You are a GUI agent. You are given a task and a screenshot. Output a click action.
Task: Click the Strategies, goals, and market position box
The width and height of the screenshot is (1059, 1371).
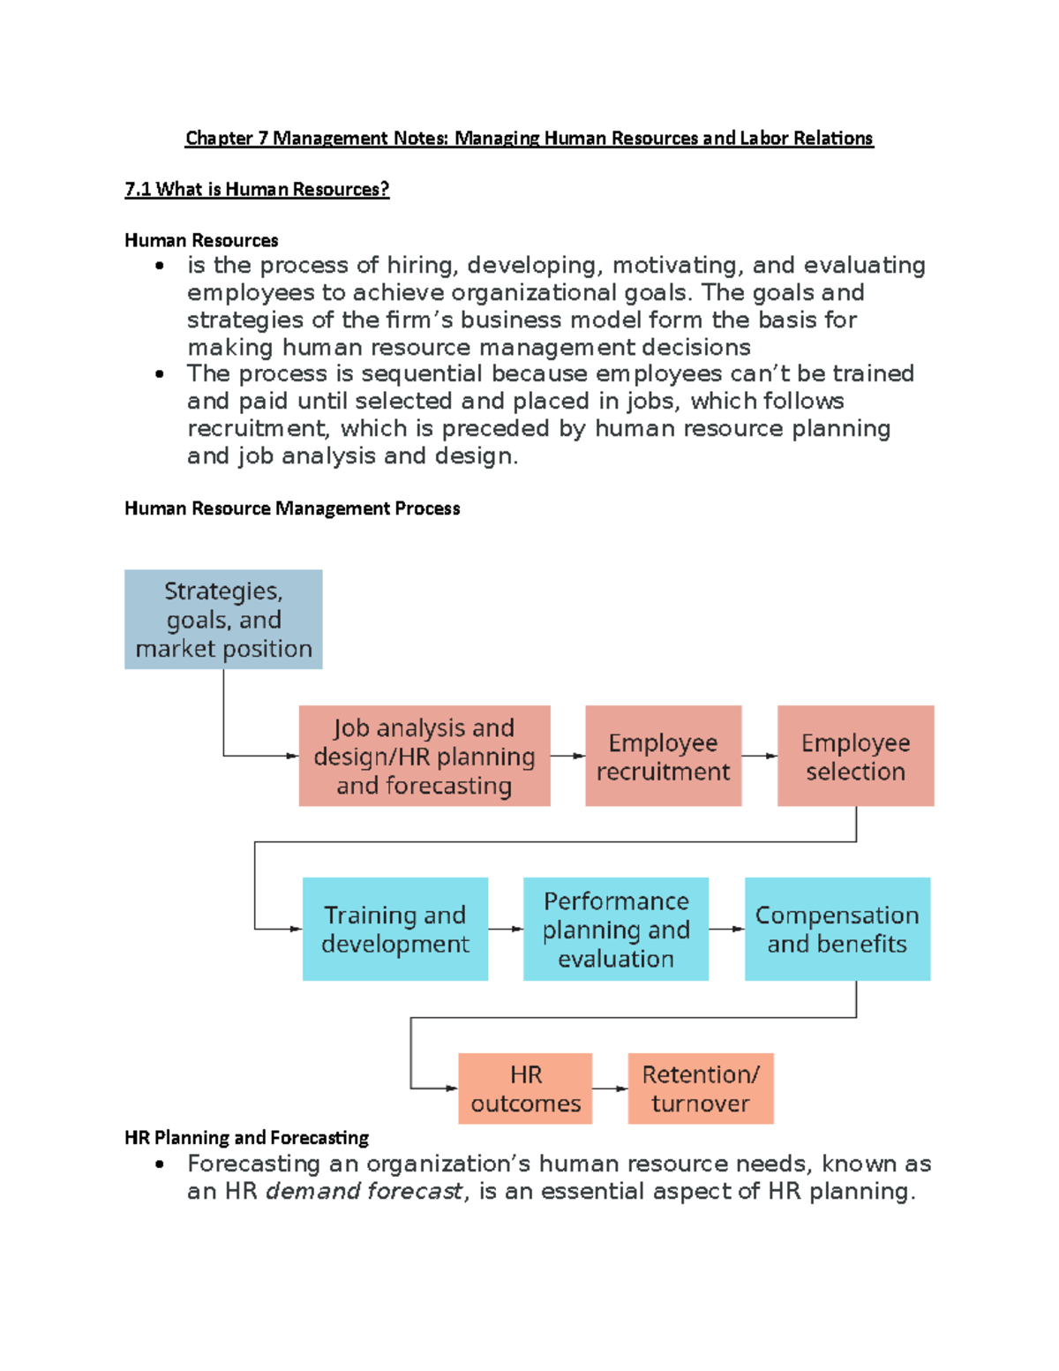click(223, 619)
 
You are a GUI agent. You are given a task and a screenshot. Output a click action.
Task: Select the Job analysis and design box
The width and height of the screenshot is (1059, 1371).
click(424, 756)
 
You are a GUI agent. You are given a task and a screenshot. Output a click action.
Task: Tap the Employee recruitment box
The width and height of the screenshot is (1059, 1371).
click(663, 756)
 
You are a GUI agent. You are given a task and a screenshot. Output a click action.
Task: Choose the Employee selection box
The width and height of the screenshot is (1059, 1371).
click(855, 756)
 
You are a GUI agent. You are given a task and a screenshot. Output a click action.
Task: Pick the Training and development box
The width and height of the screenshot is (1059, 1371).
click(394, 929)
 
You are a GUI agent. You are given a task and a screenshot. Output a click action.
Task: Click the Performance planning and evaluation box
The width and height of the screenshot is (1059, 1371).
click(616, 929)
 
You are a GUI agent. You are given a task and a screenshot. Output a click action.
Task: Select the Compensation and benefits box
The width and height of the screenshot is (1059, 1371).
click(837, 929)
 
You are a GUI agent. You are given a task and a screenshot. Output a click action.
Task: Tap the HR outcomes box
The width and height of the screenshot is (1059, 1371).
click(525, 1089)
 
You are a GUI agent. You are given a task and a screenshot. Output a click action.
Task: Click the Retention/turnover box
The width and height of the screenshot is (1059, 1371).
click(701, 1089)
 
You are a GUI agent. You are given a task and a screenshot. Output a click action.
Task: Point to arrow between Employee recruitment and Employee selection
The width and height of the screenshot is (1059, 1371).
click(759, 756)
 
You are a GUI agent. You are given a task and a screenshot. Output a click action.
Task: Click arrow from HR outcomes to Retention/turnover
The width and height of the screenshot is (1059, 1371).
click(610, 1089)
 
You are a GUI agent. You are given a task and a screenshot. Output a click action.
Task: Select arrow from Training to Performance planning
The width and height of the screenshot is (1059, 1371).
click(506, 929)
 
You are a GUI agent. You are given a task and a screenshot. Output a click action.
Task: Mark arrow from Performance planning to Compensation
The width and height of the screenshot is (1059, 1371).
click(726, 929)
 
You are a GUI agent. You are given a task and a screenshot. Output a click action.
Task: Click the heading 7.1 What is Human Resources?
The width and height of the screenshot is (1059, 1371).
click(257, 189)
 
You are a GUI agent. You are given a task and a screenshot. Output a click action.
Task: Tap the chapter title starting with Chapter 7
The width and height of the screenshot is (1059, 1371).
click(529, 138)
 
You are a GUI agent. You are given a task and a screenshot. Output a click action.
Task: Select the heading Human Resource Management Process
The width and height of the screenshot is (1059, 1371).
click(292, 508)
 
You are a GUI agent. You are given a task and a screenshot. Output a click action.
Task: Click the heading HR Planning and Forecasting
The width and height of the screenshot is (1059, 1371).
click(246, 1137)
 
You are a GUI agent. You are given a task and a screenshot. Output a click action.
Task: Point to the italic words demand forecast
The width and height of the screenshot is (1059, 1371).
click(364, 1191)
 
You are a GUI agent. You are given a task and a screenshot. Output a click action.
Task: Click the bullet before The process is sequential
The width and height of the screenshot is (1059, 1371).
click(160, 374)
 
